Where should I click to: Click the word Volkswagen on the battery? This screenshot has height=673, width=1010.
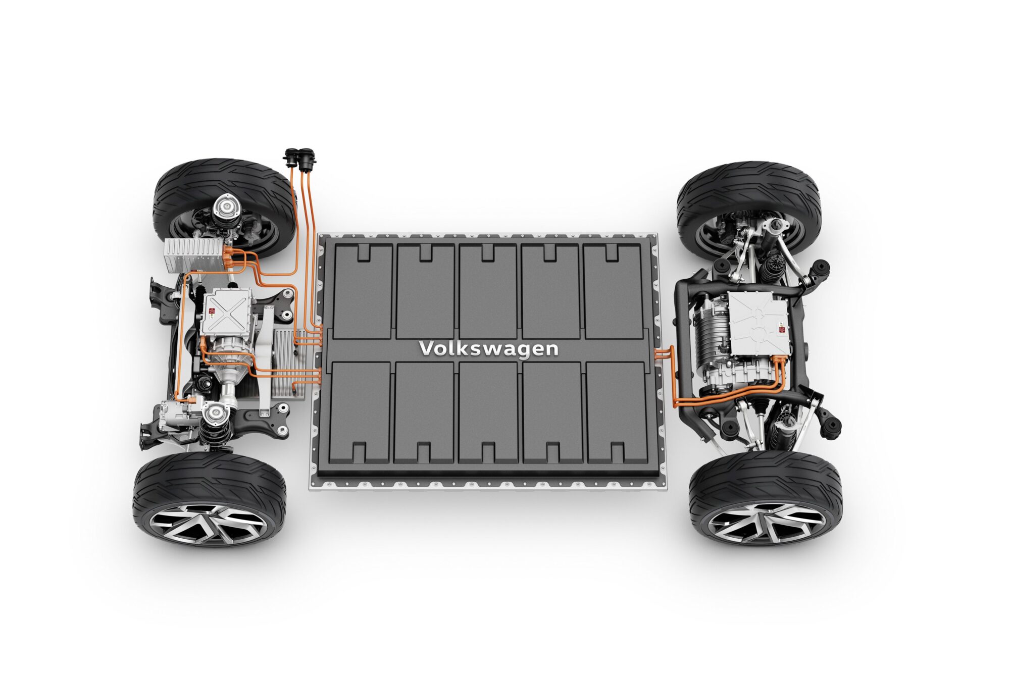(489, 349)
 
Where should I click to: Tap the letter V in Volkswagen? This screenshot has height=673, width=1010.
(427, 347)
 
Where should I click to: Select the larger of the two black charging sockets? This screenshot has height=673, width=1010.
(307, 157)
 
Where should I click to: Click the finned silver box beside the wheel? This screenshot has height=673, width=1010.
(193, 255)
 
